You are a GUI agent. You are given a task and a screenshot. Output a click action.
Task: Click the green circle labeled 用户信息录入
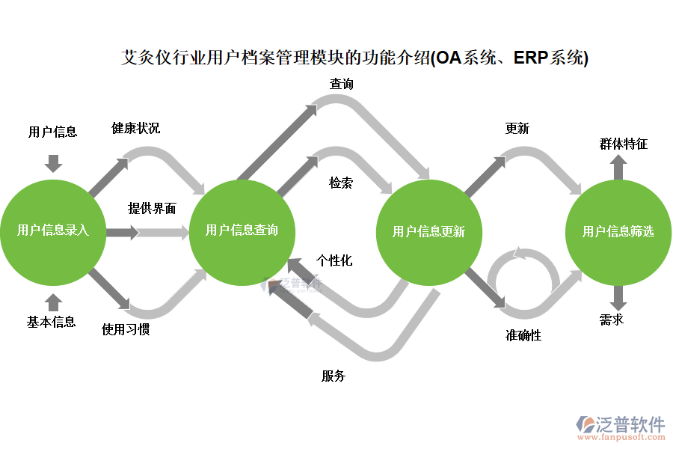coord(53,231)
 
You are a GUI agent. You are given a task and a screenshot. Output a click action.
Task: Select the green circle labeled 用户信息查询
coord(242,231)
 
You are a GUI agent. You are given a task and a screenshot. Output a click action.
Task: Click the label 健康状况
coord(135,128)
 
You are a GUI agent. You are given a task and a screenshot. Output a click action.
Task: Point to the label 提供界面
coord(152,209)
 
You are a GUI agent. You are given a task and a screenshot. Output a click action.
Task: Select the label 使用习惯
coord(126,329)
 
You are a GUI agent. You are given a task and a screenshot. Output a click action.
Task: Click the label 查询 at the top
coord(342,84)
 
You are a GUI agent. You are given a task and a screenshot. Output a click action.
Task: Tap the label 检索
coord(341,183)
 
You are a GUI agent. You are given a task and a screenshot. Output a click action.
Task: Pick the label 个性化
coord(334,261)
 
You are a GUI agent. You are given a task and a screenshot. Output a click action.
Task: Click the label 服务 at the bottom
coord(334,376)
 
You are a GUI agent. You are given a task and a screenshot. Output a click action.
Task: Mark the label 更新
coord(517,129)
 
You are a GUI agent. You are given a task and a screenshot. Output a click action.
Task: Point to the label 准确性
coord(523,335)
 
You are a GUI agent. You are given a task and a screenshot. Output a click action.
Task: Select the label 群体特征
coord(623,144)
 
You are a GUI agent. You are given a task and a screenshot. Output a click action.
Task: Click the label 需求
coord(612,320)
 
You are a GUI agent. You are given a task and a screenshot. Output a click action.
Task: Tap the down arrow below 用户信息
coord(53,162)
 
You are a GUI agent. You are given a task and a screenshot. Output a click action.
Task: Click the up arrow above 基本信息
coord(53,301)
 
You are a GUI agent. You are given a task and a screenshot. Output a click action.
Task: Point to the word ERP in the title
coord(530,58)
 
